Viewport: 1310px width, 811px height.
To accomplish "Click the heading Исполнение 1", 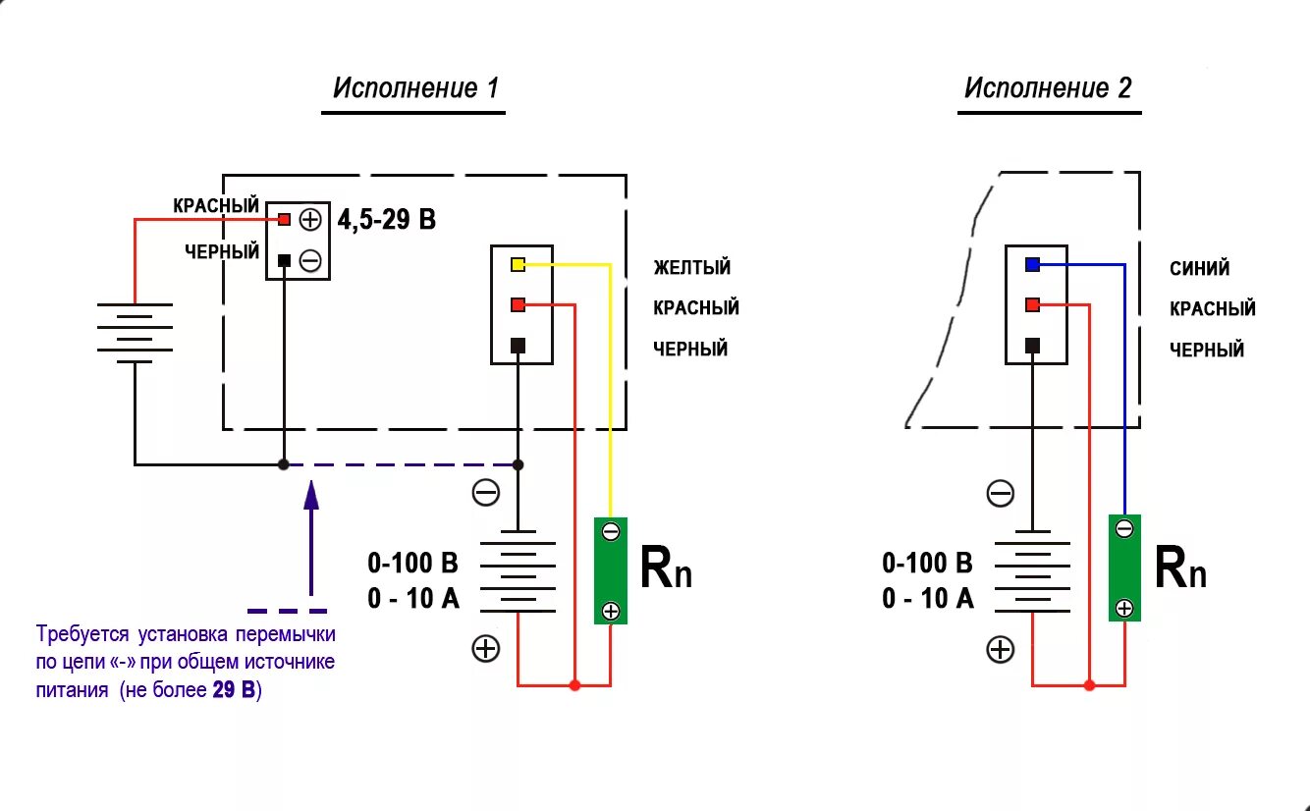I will pos(415,88).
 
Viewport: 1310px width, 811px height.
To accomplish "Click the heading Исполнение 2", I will pos(1048,88).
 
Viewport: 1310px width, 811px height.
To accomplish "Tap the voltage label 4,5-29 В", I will pos(386,220).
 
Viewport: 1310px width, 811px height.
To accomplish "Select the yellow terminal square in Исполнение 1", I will pos(519,264).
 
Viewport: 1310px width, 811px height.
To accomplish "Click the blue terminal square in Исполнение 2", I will pos(1032,264).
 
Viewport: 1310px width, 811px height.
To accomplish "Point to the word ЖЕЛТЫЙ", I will pos(691,267).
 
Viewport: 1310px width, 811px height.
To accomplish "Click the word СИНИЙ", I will pos(1199,268).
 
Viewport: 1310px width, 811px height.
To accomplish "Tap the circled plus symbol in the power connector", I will pos(310,219).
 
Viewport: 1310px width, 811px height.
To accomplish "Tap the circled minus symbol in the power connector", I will pos(310,260).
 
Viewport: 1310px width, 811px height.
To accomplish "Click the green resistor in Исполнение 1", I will pos(610,570).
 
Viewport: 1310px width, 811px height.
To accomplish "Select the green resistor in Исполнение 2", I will pos(1124,568).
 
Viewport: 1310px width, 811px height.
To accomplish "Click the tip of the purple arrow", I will pos(311,483).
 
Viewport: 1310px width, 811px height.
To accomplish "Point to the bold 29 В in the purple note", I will pos(235,690).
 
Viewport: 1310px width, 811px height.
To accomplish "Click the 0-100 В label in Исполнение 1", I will pos(412,563).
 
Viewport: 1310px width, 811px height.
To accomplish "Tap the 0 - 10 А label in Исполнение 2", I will pos(927,598).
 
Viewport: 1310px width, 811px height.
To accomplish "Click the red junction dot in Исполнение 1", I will pos(574,684).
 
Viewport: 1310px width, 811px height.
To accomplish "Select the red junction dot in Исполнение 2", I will pos(1089,684).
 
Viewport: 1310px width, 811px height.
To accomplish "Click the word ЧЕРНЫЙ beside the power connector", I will pos(222,252).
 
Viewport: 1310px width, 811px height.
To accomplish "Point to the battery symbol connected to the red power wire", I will pos(135,332).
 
